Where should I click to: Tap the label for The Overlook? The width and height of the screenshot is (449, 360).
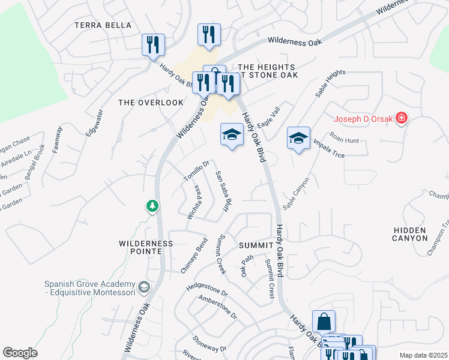tap(151, 103)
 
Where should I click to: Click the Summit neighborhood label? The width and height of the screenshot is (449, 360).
tap(256, 245)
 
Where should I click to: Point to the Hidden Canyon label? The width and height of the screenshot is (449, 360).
tap(410, 234)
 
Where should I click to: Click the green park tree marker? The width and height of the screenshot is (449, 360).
tap(152, 206)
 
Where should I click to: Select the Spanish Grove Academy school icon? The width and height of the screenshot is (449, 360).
tap(143, 287)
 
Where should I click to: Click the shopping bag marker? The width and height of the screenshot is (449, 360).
tap(324, 322)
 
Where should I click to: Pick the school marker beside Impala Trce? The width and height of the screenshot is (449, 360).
tap(298, 139)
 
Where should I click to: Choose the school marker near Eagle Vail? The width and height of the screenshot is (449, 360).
tap(232, 135)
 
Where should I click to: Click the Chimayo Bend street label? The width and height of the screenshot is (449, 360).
tap(194, 256)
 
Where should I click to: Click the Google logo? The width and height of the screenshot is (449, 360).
tap(20, 353)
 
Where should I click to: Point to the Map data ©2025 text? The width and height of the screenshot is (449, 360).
tap(423, 355)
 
